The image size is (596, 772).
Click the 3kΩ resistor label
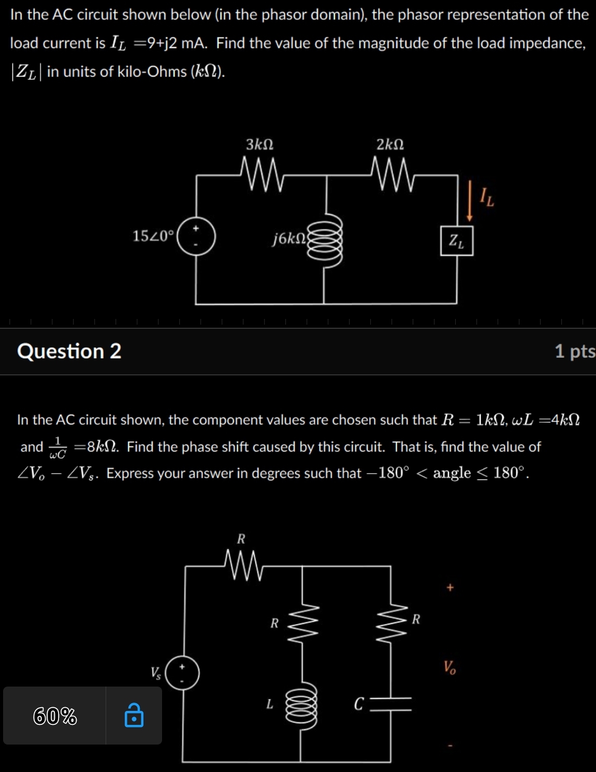coord(259,144)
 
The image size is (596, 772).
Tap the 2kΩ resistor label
coord(390,144)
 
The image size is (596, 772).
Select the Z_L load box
coord(457,241)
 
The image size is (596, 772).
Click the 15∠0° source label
coord(153,236)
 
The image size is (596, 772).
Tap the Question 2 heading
coord(69,351)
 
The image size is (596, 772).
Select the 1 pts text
coord(575,351)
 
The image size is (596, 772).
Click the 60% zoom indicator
coord(55,716)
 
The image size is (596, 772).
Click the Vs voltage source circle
coord(182,673)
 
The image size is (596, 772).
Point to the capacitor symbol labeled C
coord(391,704)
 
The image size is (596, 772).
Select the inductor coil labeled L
coord(301,705)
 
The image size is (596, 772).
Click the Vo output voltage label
coord(449,667)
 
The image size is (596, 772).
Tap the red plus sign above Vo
coord(450,587)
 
